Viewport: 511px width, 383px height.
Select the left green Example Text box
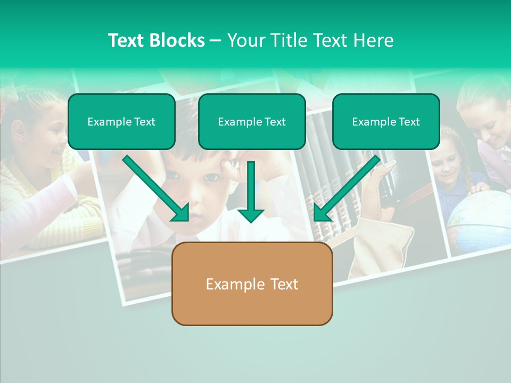click(121, 122)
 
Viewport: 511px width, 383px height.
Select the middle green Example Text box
click(252, 122)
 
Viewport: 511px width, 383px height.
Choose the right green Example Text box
click(386, 122)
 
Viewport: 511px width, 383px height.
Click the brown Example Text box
click(252, 284)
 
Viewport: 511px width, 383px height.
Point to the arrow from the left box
click(155, 188)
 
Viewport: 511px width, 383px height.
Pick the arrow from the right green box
click(347, 188)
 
